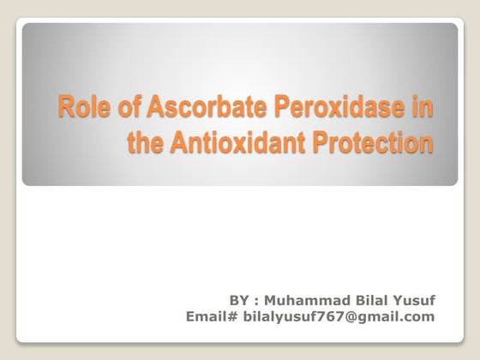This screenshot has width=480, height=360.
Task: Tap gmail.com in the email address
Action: point(390,317)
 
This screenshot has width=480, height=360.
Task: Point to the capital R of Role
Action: point(64,111)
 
